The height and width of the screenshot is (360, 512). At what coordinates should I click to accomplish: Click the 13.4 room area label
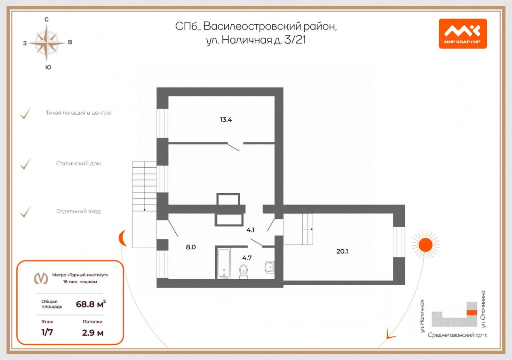click(226, 119)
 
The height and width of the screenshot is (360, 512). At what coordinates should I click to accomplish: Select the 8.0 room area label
click(191, 247)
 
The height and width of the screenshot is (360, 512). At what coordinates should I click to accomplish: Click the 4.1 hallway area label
click(250, 230)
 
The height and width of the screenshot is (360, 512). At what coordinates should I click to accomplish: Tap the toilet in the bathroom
click(243, 270)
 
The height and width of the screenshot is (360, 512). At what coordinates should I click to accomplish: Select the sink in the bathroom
click(269, 266)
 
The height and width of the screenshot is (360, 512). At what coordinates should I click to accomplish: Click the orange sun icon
click(425, 244)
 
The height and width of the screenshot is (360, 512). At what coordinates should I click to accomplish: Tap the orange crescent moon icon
click(122, 239)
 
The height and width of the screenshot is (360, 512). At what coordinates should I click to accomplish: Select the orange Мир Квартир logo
click(462, 34)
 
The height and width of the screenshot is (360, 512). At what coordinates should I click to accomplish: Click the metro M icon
click(40, 278)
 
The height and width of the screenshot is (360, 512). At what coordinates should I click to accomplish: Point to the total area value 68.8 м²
click(91, 304)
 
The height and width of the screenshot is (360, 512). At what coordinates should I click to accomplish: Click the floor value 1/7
click(47, 332)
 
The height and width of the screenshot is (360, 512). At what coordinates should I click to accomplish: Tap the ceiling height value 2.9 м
click(93, 332)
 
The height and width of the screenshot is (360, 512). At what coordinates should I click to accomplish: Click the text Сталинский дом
click(79, 164)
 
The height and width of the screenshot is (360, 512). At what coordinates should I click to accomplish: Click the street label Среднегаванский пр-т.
click(457, 335)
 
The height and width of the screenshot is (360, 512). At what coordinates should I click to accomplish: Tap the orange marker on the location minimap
click(472, 312)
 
